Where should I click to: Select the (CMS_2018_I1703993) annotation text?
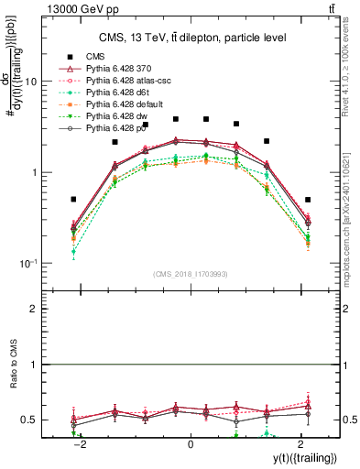191,273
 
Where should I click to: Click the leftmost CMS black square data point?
73,199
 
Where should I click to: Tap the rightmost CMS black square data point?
308,199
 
